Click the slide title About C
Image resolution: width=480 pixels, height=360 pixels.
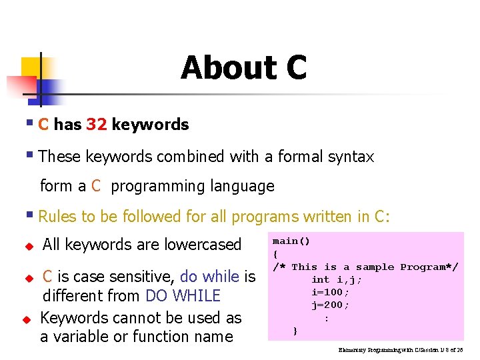[x=243, y=68]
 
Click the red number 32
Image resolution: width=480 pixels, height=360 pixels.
[x=97, y=125]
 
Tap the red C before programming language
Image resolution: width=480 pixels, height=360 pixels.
[x=96, y=186]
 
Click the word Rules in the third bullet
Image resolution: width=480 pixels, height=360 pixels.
[x=58, y=217]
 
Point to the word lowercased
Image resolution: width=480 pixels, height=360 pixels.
[x=201, y=245]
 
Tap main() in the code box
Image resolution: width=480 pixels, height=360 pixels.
[x=291, y=241]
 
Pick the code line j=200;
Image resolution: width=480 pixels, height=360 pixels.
[x=330, y=305]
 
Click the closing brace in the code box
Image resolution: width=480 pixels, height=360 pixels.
[x=295, y=330]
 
